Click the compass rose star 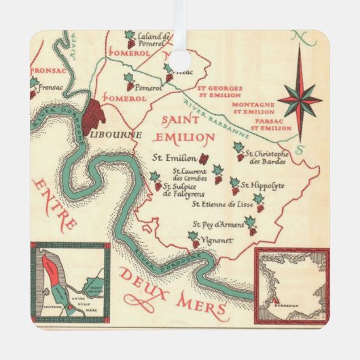(x=300, y=99)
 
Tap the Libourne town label (x=110, y=134)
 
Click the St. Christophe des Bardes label (x=270, y=158)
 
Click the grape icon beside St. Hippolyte (x=234, y=185)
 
